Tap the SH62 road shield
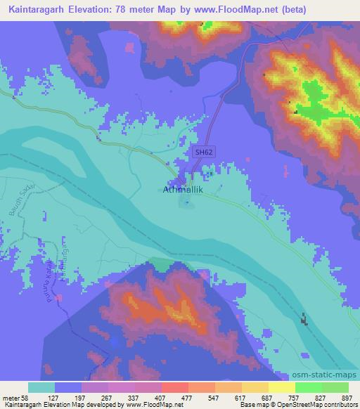[x=203, y=151]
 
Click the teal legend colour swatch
[x=41, y=387]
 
